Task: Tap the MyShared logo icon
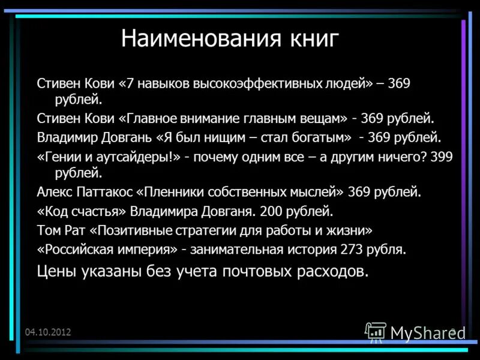tap(376, 331)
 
